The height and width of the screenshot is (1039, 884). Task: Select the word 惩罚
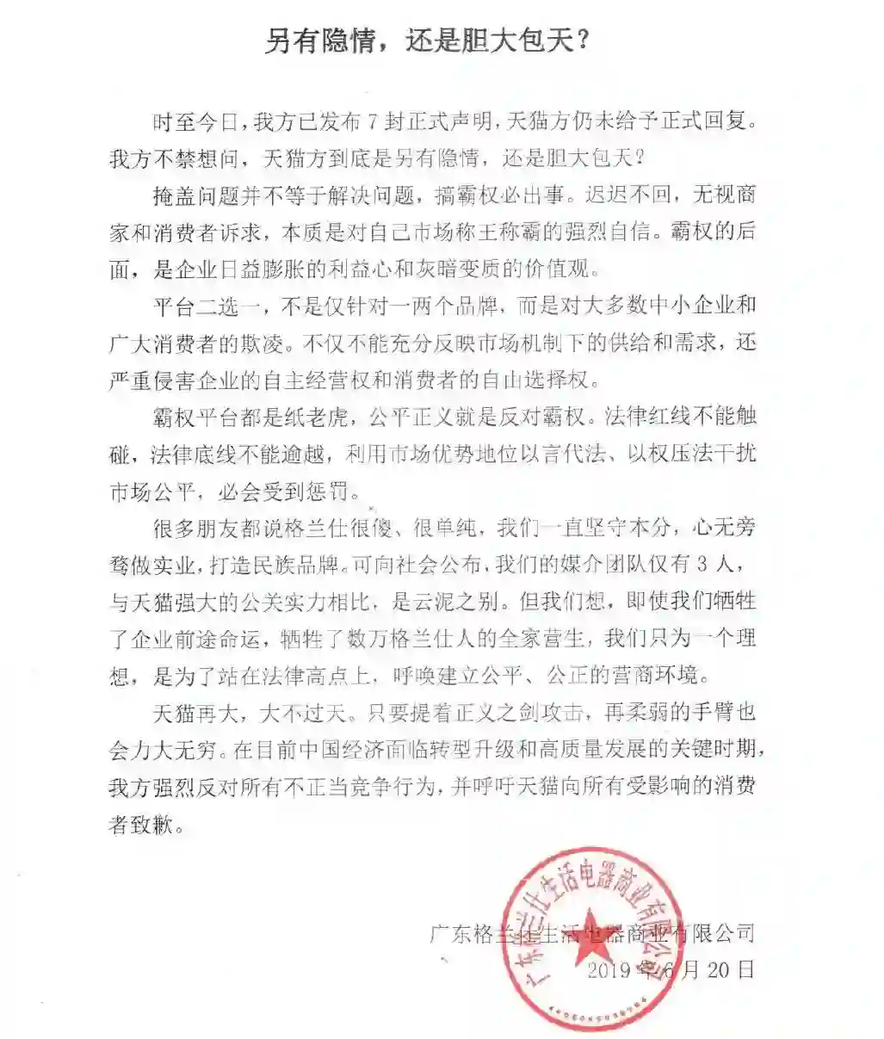tap(329, 492)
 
